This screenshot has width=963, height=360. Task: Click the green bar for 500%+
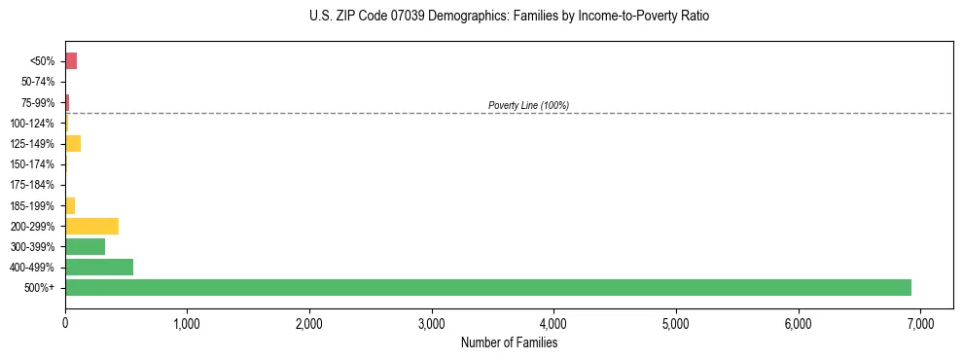tap(487, 287)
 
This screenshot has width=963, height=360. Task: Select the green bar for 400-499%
tap(99, 267)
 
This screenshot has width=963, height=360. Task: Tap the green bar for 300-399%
tap(85, 246)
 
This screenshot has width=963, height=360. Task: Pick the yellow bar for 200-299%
tap(91, 226)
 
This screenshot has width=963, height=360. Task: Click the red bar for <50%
tap(71, 61)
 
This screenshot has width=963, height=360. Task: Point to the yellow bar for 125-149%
tap(73, 144)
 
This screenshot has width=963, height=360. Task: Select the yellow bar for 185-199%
tap(70, 205)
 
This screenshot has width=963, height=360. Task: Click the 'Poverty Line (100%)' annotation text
tap(528, 105)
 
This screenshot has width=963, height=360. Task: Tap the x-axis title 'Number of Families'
tap(509, 342)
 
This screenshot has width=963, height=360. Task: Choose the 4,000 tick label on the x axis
tap(553, 322)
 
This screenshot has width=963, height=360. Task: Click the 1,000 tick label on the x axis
tap(187, 322)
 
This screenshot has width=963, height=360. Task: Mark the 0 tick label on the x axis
tap(65, 322)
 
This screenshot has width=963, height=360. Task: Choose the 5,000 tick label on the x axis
tap(676, 322)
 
